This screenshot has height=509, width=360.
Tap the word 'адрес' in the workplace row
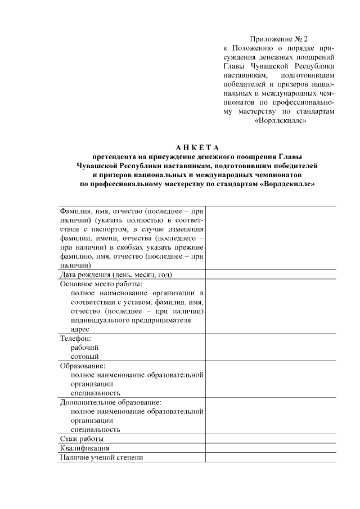[x=80, y=329]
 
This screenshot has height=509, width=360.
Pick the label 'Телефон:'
[x=75, y=338]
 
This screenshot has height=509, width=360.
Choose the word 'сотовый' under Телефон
[x=84, y=357]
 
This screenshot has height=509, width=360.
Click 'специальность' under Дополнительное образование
[x=95, y=429]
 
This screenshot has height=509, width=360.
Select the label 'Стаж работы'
[x=82, y=439]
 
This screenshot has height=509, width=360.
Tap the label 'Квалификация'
[x=84, y=448]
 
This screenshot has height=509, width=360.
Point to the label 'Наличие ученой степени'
[x=102, y=457]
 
